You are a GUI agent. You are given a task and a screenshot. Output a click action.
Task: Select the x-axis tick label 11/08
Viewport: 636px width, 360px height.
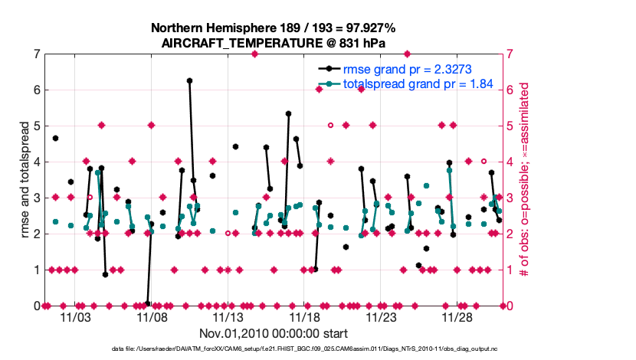point(152,316)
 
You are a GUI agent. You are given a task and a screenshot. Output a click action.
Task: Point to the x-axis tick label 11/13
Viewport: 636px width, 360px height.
point(228,316)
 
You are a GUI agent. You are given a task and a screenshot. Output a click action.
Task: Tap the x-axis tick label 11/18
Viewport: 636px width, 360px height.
point(304,316)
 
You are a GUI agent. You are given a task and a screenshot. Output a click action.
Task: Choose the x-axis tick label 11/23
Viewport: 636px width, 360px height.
point(381,316)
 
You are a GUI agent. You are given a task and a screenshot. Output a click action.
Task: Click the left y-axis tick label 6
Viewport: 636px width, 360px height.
point(37,90)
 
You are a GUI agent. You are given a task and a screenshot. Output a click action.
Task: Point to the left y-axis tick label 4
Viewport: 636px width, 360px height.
point(37,162)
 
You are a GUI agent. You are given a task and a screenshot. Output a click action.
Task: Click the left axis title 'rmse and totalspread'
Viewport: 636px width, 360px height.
point(24,180)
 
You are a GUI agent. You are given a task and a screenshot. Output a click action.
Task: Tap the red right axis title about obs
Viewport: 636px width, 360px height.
point(526,180)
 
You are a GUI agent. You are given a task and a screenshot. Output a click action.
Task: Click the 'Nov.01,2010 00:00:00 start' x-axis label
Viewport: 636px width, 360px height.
point(274,333)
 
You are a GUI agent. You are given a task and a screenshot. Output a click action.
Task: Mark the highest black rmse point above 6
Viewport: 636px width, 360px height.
point(189,80)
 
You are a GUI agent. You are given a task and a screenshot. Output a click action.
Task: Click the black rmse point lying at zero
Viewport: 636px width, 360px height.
point(147,304)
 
